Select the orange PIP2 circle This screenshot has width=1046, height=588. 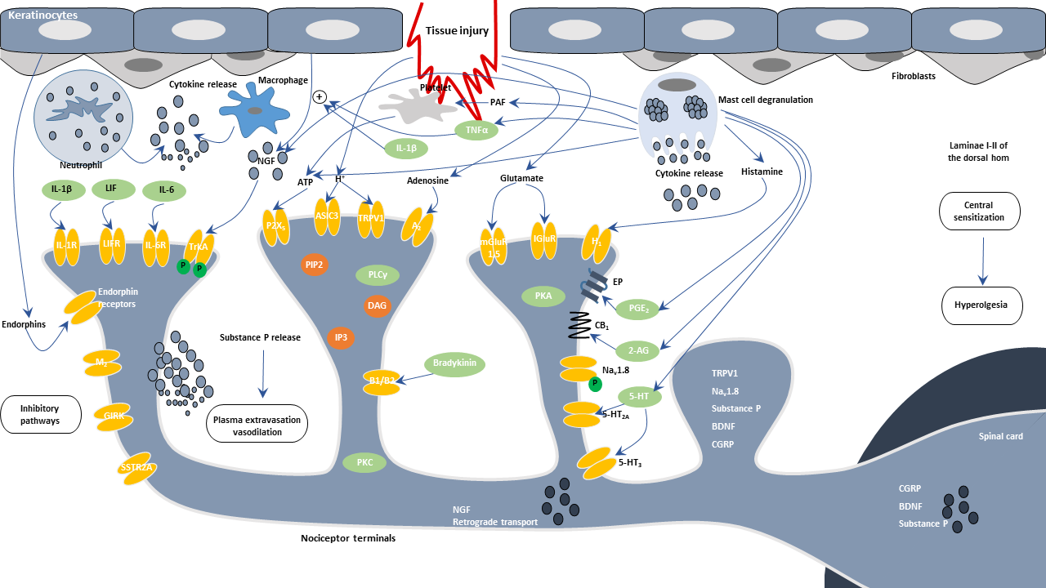(x=314, y=265)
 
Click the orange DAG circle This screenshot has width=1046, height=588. (x=377, y=305)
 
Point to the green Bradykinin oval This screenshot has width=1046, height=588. (x=455, y=363)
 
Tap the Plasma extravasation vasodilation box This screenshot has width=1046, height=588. (x=257, y=425)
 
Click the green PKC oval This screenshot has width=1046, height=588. (x=364, y=463)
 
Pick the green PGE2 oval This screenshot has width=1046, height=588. (x=638, y=309)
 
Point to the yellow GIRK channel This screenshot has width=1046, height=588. (x=114, y=416)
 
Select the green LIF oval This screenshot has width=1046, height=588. (x=110, y=189)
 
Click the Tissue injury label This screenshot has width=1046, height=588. (x=457, y=31)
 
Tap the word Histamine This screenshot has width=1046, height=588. (x=762, y=172)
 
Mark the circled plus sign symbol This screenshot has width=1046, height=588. (x=320, y=96)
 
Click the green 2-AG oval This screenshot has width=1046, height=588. (x=637, y=350)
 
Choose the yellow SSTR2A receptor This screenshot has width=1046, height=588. (x=136, y=468)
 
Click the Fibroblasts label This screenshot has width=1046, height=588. (x=914, y=76)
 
